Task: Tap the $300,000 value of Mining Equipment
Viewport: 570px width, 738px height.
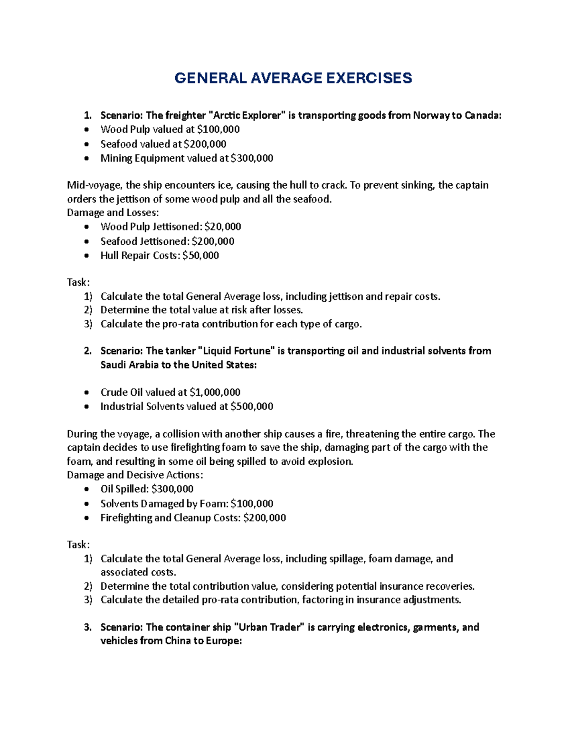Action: click(252, 158)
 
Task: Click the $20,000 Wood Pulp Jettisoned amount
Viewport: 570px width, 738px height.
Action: click(223, 227)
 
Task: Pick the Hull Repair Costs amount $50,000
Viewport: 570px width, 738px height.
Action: click(200, 256)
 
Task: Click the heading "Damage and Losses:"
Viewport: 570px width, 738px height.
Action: click(113, 212)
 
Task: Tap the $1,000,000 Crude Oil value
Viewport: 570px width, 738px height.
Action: click(215, 393)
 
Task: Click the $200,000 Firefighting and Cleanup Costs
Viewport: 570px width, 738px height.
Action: click(265, 518)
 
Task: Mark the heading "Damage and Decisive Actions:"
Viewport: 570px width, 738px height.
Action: click(135, 475)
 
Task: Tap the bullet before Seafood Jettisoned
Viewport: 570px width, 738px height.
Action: click(86, 242)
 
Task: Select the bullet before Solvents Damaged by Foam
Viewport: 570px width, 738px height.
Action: click(86, 504)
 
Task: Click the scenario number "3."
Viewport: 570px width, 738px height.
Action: click(87, 627)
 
